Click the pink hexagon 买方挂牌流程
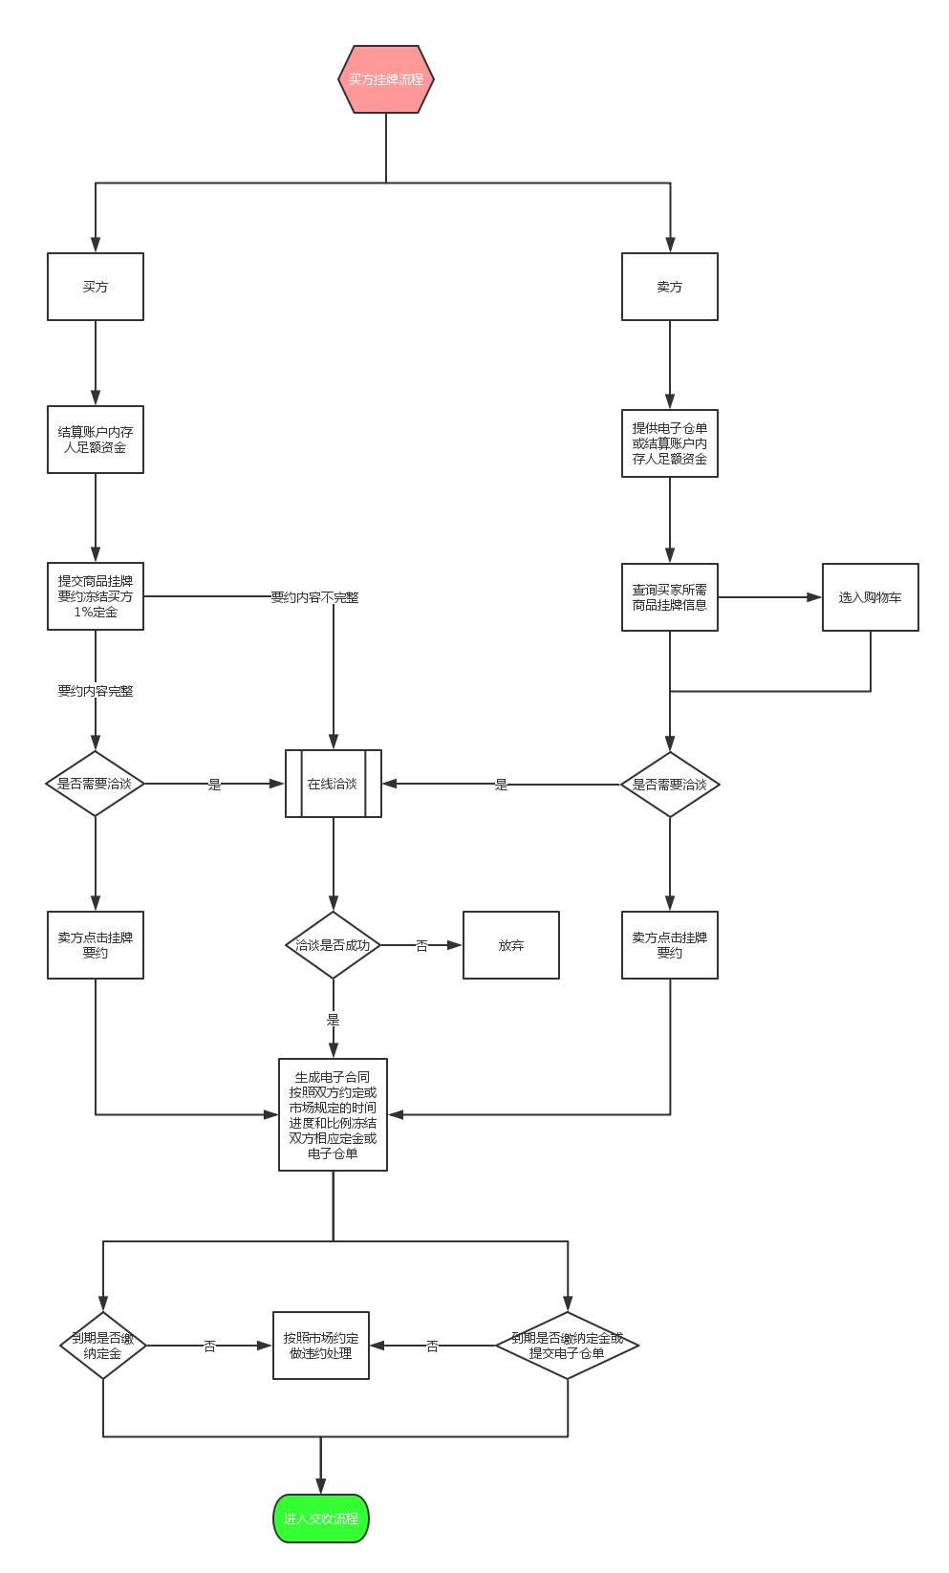tap(386, 79)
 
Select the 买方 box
tap(96, 287)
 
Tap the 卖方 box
tap(669, 287)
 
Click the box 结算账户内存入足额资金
tap(96, 440)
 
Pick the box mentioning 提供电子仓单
tap(669, 443)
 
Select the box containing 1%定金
tap(96, 596)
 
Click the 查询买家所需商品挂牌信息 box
tap(669, 597)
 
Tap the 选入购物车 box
tap(870, 597)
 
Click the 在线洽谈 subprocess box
tap(333, 784)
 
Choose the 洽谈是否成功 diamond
tap(333, 945)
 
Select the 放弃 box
tap(510, 945)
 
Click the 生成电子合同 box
tap(333, 1114)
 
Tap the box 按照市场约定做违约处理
tap(321, 1346)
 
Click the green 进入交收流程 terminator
tap(321, 1519)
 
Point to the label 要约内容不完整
tap(314, 597)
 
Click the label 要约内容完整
tap(96, 691)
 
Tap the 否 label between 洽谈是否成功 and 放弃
tap(421, 946)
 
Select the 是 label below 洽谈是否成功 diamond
tap(333, 1019)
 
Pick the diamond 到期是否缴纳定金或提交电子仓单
tap(568, 1346)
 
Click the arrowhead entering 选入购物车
tap(814, 597)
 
